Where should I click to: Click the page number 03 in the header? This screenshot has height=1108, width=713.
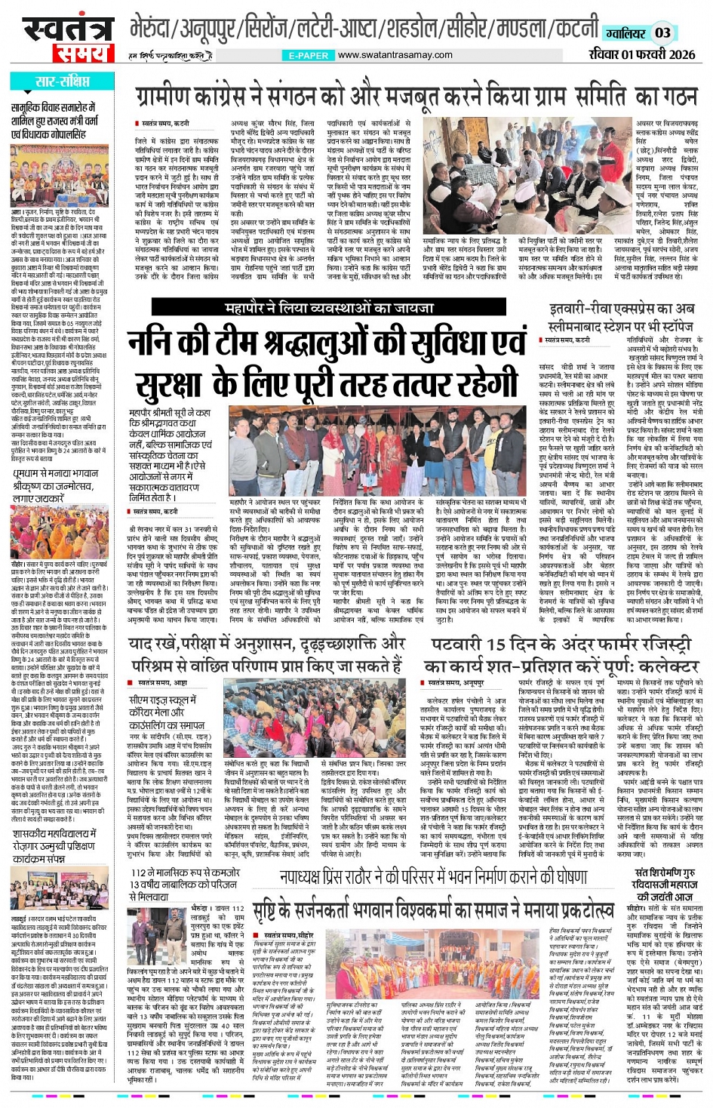[662, 32]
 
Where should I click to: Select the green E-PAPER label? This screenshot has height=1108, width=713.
[308, 55]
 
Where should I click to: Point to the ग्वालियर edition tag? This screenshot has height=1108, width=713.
[625, 32]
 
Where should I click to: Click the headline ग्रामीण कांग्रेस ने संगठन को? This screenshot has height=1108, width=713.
[416, 97]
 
